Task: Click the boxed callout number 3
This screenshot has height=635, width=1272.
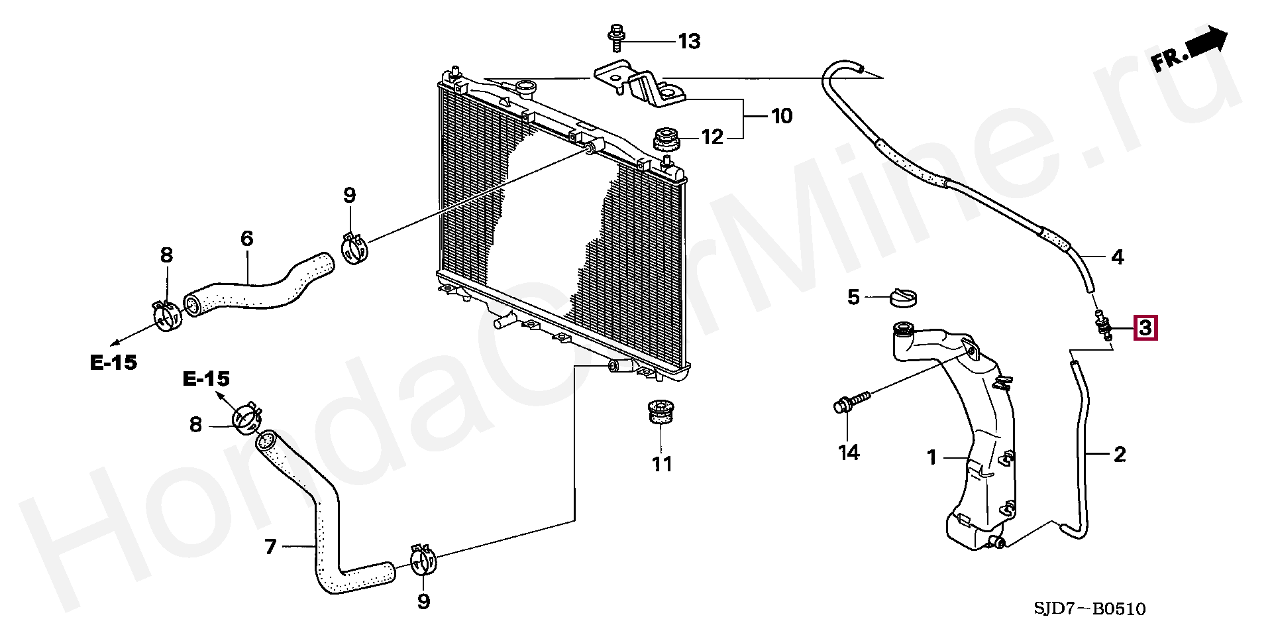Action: click(x=1146, y=328)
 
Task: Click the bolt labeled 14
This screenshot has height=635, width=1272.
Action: click(x=849, y=404)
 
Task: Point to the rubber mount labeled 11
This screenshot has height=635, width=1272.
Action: click(x=657, y=412)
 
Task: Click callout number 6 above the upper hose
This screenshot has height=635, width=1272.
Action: click(x=246, y=238)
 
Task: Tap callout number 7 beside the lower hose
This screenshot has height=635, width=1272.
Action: click(x=270, y=547)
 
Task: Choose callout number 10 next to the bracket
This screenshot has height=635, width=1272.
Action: click(x=782, y=116)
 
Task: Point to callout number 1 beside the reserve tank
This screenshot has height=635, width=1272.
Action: click(x=931, y=457)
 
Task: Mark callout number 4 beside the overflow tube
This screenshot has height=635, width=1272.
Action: click(x=1117, y=257)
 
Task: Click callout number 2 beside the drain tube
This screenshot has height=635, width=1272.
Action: click(x=1119, y=454)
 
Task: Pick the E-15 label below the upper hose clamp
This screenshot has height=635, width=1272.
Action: click(x=113, y=362)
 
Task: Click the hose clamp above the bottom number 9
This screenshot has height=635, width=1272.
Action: click(x=424, y=560)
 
